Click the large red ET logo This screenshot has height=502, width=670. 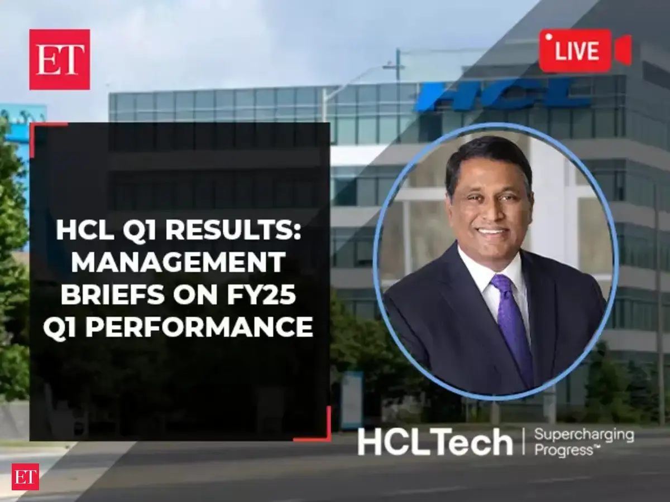[60, 60]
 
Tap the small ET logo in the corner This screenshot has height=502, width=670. [25, 477]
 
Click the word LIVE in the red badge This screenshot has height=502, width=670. [577, 51]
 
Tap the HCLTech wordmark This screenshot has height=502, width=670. [435, 442]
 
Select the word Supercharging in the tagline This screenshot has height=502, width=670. [584, 435]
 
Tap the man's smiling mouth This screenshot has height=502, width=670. [491, 232]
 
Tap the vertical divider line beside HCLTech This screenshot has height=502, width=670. [524, 442]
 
